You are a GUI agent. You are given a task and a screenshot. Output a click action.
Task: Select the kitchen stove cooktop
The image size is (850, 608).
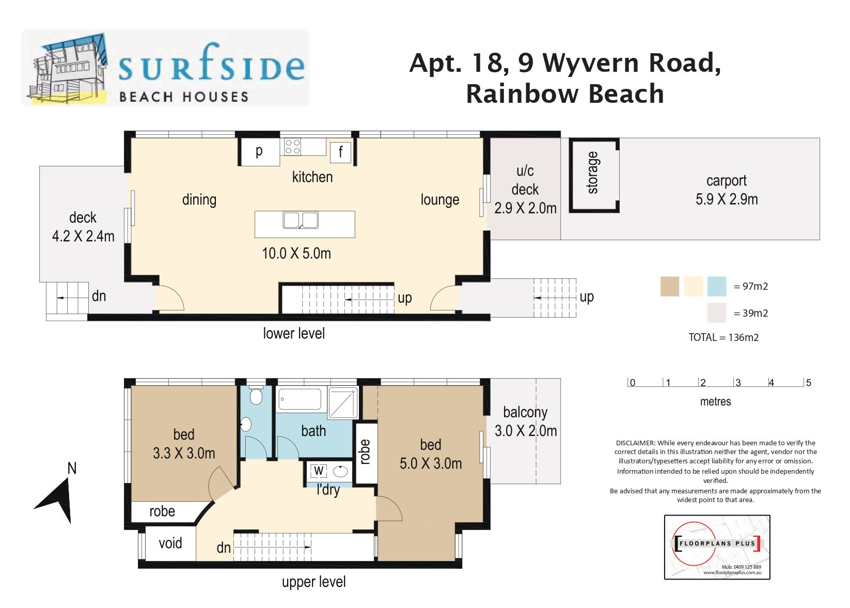coord(293,147)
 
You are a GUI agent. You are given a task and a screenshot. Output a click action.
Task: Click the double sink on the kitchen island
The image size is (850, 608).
coord(301,220)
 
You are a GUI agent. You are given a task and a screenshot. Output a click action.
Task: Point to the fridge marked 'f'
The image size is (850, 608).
coord(340,152)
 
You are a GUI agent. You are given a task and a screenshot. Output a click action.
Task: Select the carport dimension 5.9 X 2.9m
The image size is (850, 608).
coord(727,199)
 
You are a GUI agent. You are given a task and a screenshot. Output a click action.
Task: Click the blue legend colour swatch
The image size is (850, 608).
coord(717,286)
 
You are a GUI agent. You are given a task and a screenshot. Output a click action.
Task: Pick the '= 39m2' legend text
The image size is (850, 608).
coord(750,313)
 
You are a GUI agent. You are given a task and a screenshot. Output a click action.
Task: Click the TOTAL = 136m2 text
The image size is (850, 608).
coord(723,337)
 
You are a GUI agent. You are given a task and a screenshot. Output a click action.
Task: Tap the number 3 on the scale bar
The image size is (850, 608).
coord(738,383)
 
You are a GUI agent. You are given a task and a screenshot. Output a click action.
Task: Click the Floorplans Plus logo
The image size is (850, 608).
coord(717,547)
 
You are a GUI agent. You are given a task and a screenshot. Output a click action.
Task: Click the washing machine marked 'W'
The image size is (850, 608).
coord(319,471)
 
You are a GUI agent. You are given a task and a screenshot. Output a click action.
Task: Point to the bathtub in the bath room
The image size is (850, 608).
coord(300,399)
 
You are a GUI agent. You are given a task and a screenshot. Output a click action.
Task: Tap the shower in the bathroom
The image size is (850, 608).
coord(343,402)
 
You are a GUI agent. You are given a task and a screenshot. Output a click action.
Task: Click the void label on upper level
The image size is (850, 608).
coord(170,543)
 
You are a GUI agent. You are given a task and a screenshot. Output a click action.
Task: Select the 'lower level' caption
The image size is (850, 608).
coord(294,333)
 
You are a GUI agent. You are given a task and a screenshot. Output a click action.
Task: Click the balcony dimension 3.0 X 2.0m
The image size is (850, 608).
coord(526,431)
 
